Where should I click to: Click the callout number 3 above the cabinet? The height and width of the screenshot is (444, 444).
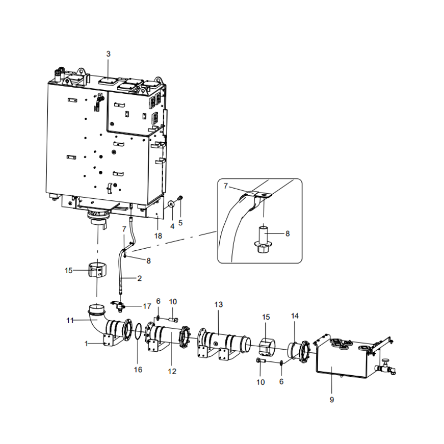109,54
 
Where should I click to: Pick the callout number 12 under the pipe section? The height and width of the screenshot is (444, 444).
172,371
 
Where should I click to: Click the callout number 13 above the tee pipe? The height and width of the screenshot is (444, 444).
218,305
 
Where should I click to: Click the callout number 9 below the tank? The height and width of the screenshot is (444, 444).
332,400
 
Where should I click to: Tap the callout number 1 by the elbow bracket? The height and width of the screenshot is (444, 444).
87,344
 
